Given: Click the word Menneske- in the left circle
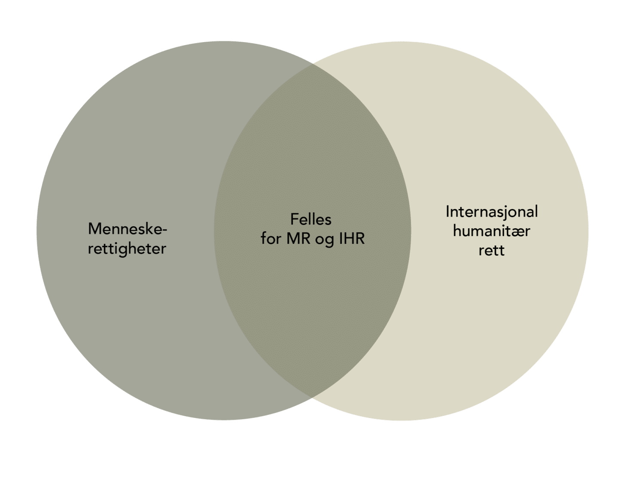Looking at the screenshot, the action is point(128,229).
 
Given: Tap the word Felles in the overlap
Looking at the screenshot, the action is point(311,219).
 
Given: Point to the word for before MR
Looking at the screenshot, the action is point(271,238).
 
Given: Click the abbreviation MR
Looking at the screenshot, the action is point(298,239).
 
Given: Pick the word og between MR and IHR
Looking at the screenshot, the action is point(325,240).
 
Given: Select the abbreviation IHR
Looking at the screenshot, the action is point(352,239).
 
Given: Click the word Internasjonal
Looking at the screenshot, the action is point(492,212).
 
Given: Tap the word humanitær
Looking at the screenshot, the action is point(492,231).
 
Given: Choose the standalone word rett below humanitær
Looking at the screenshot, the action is point(492,251).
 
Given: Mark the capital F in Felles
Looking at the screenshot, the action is point(294,219).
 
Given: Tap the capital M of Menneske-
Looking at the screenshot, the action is point(94,229).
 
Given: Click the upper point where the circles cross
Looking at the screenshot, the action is point(312,63).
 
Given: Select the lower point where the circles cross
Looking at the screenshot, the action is point(312,398).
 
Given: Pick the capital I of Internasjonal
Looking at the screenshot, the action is point(447,212).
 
